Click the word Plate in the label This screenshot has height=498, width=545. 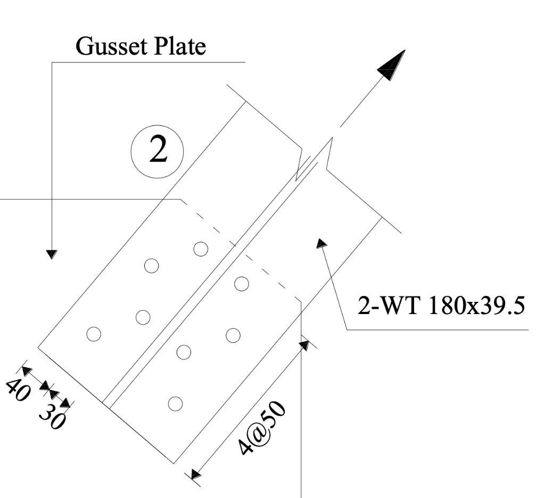tap(179, 47)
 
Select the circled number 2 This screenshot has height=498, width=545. tap(157, 151)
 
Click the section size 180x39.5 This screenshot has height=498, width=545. tap(474, 308)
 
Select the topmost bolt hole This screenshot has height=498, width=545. tap(200, 248)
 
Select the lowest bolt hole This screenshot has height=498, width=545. tap(175, 404)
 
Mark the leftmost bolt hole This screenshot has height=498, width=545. tap(94, 334)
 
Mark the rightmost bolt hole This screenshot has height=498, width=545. tap(242, 284)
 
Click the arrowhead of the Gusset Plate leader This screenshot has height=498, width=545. tap(52, 254)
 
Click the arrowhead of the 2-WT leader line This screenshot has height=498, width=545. tap(321, 243)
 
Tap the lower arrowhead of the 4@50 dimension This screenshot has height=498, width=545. tap(196, 473)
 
